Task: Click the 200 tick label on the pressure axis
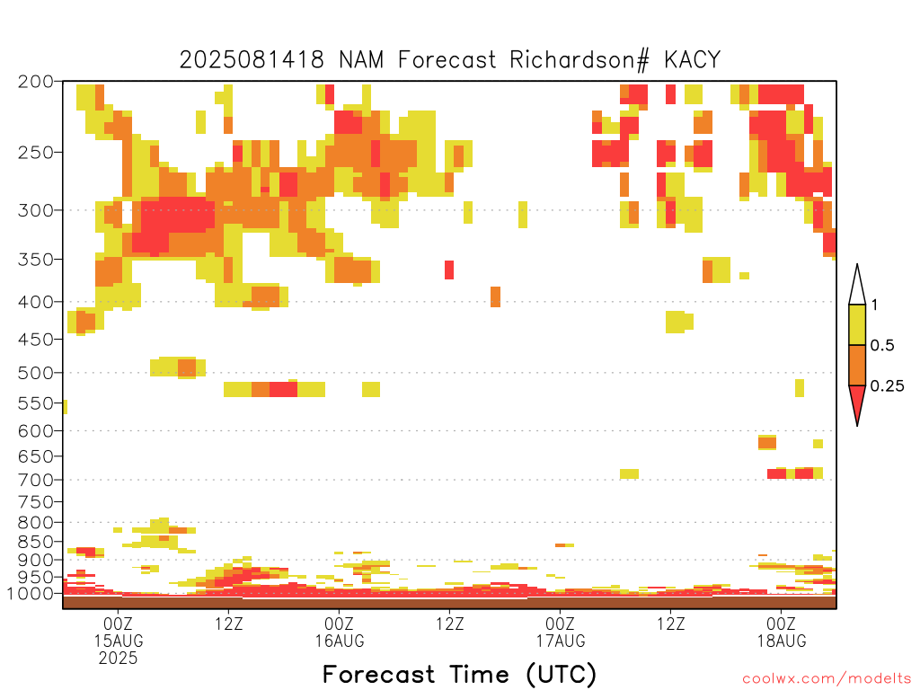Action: point(36,82)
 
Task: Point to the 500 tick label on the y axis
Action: point(36,373)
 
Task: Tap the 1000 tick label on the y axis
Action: point(31,594)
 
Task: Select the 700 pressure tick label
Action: point(36,480)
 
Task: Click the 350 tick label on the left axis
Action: point(36,260)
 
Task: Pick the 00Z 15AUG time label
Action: point(119,632)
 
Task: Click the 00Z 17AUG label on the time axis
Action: point(561,632)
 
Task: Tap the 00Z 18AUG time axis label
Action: point(782,632)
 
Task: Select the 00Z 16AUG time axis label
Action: point(339,632)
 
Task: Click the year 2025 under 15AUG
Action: point(119,659)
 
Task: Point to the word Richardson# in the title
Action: point(579,60)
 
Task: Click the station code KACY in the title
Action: point(693,60)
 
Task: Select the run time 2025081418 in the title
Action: point(252,60)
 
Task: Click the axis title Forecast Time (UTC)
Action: point(459,675)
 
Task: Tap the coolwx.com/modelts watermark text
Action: point(827,679)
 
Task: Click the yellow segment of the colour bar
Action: point(857,324)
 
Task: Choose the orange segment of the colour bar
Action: point(857,365)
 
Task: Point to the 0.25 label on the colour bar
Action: point(887,386)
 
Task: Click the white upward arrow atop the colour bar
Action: point(857,285)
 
